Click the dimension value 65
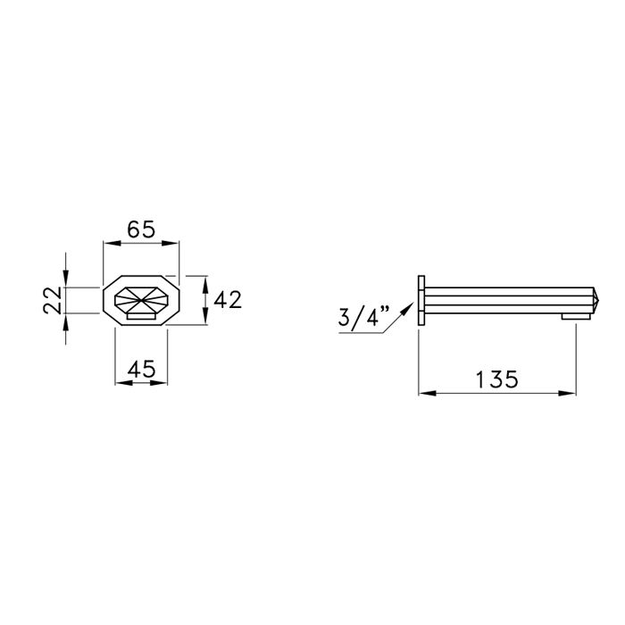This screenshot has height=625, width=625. (x=141, y=229)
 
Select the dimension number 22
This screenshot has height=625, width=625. (x=53, y=300)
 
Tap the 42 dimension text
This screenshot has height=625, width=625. (x=228, y=300)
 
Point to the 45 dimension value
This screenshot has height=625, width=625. (x=141, y=369)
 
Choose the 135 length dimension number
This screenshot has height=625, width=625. (x=497, y=379)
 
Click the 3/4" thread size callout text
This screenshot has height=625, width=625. (x=362, y=317)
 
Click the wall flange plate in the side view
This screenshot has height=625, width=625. (x=421, y=300)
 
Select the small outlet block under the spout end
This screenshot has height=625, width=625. (x=576, y=316)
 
